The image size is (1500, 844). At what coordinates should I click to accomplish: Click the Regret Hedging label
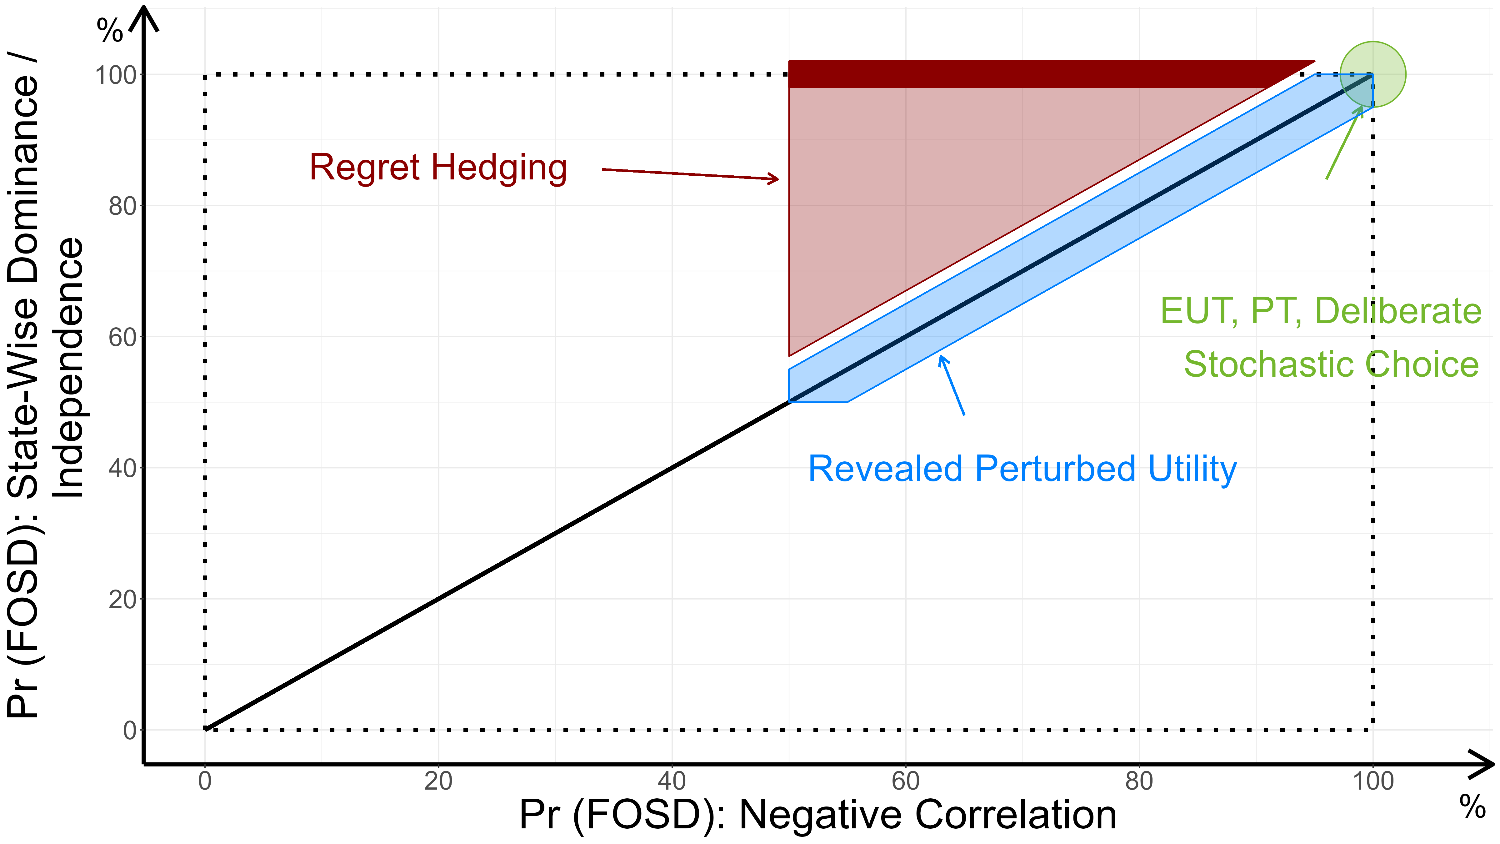click(x=438, y=168)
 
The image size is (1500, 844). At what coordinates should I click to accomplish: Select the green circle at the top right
click(x=1373, y=75)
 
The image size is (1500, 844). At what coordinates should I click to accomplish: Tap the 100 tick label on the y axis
click(x=116, y=75)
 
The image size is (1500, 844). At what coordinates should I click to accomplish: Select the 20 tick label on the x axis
click(x=438, y=781)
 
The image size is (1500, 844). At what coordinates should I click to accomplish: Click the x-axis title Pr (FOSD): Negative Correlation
click(x=817, y=815)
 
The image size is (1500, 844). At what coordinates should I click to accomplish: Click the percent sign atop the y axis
click(x=110, y=30)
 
